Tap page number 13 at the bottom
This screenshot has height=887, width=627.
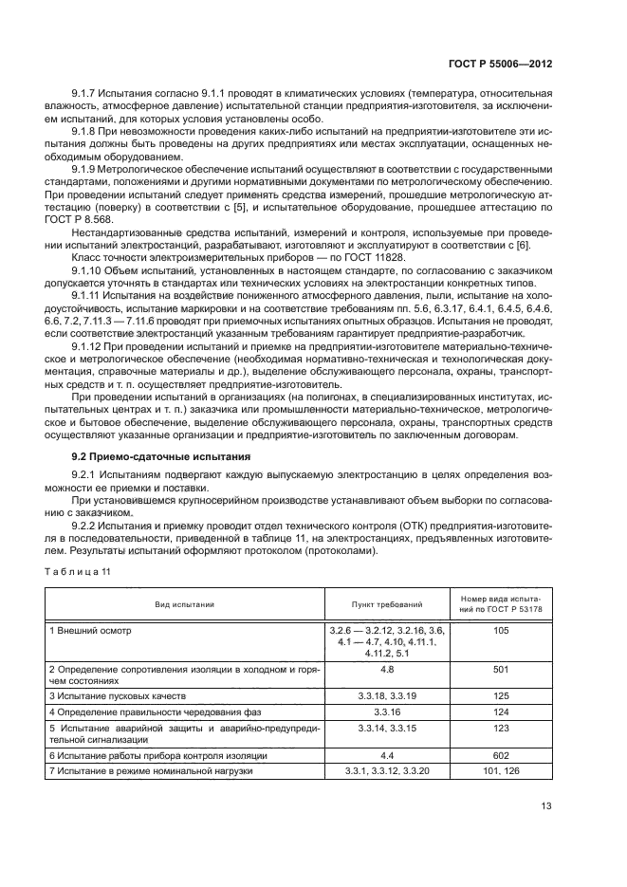(545, 806)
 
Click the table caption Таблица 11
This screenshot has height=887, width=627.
(80, 570)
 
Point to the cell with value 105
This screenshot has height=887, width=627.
(501, 631)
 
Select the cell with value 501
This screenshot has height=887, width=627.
(501, 669)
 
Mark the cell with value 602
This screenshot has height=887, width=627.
(501, 755)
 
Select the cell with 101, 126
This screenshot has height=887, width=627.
(501, 771)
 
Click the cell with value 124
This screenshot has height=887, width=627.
(501, 711)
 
